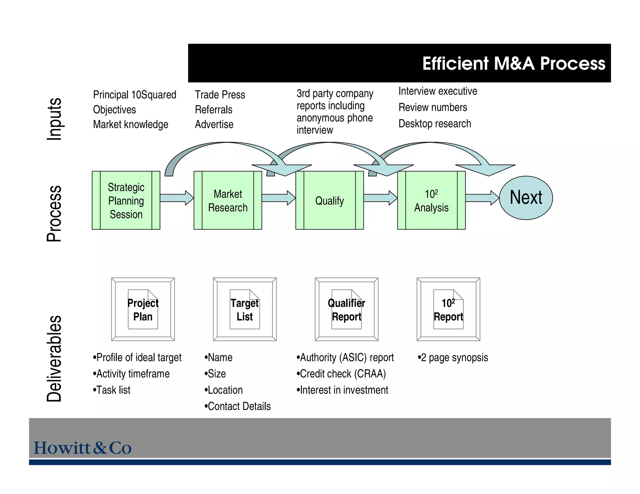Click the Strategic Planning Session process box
pyautogui.click(x=126, y=200)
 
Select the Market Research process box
pyautogui.click(x=227, y=200)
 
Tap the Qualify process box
pyautogui.click(x=329, y=200)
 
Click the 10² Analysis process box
pyautogui.click(x=431, y=200)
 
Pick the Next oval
pyautogui.click(x=526, y=198)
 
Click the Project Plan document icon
pyautogui.click(x=143, y=309)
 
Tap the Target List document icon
pyautogui.click(x=245, y=309)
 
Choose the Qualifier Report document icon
pyautogui.click(x=347, y=309)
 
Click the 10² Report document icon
pyautogui.click(x=448, y=309)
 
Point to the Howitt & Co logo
pyautogui.click(x=82, y=447)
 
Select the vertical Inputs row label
pyautogui.click(x=54, y=119)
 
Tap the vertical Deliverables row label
pyautogui.click(x=54, y=358)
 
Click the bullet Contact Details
pyautogui.click(x=237, y=406)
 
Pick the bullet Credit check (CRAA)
pyautogui.click(x=341, y=374)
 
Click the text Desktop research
pyautogui.click(x=435, y=124)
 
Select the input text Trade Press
pyautogui.click(x=220, y=95)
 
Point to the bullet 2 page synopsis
pyautogui.click(x=453, y=358)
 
